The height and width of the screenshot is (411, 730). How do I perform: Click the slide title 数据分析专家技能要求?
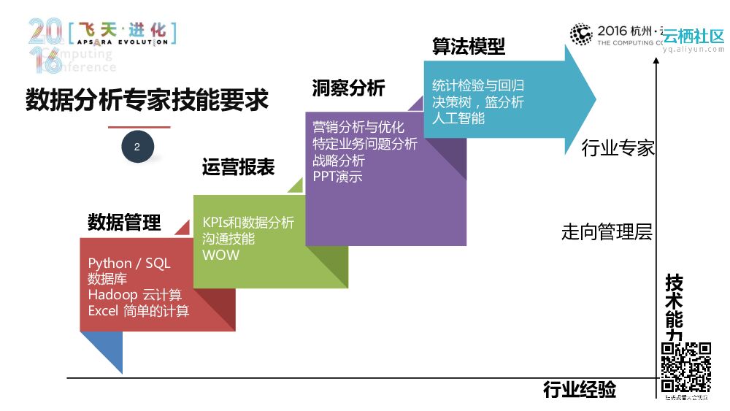click(x=147, y=100)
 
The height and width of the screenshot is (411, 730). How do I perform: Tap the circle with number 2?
click(x=137, y=147)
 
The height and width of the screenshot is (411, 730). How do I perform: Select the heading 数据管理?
click(x=124, y=223)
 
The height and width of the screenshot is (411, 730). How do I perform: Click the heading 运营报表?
click(x=238, y=167)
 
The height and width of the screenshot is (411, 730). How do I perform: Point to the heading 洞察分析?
click(x=348, y=88)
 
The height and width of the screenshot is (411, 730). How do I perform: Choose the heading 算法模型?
click(x=468, y=47)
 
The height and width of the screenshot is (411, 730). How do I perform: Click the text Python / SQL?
click(x=129, y=264)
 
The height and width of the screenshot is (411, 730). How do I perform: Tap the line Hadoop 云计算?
click(x=134, y=295)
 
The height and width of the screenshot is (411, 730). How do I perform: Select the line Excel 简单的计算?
click(x=139, y=311)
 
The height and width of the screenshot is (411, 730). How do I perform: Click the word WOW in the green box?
click(x=220, y=256)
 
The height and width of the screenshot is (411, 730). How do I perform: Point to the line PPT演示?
click(x=337, y=177)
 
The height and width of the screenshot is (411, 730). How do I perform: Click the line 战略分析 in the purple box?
click(x=339, y=161)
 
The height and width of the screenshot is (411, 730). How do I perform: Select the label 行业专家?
click(x=618, y=149)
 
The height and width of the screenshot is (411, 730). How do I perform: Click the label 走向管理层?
click(x=607, y=233)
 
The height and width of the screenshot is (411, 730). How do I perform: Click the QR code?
click(x=685, y=367)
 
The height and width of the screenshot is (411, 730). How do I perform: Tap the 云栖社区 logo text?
click(x=693, y=36)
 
